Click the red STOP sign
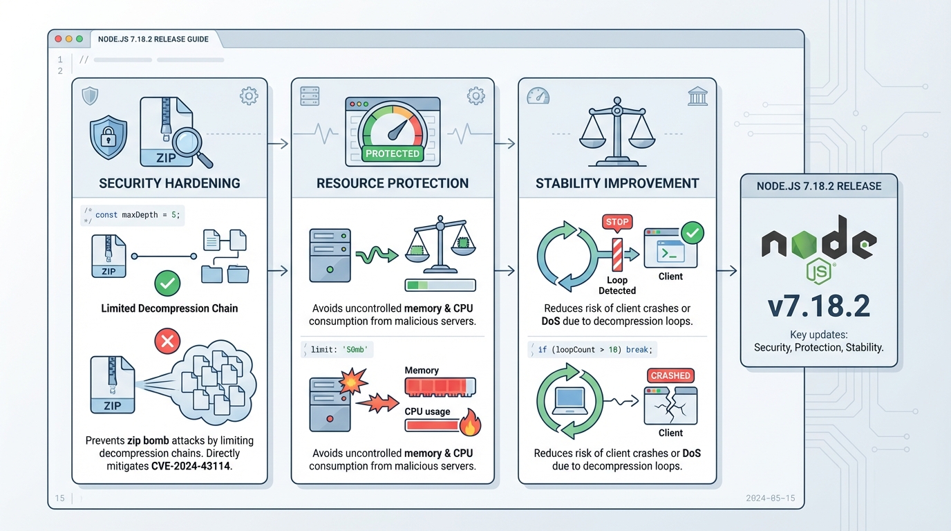tap(617, 222)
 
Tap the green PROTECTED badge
tap(392, 153)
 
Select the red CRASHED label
tap(670, 375)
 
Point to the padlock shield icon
tap(109, 138)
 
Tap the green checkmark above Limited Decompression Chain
tap(168, 283)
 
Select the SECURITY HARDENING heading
tap(169, 183)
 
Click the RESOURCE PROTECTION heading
tap(393, 183)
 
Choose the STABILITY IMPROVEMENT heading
tap(617, 183)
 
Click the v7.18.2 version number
tap(819, 306)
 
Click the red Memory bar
tap(440, 387)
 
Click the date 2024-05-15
tap(771, 498)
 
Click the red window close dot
tap(58, 39)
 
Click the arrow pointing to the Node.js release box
tap(726, 271)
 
